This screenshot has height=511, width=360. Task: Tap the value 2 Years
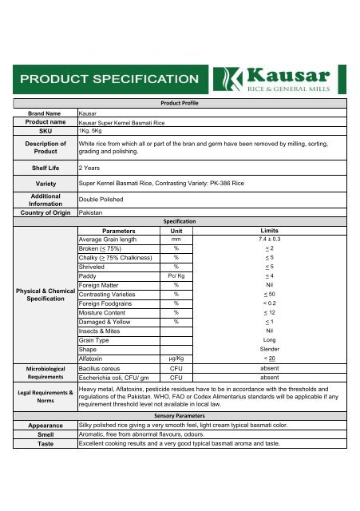(x=89, y=168)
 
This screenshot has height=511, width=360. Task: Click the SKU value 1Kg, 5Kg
(x=89, y=131)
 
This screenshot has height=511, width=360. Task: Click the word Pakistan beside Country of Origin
(x=93, y=213)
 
